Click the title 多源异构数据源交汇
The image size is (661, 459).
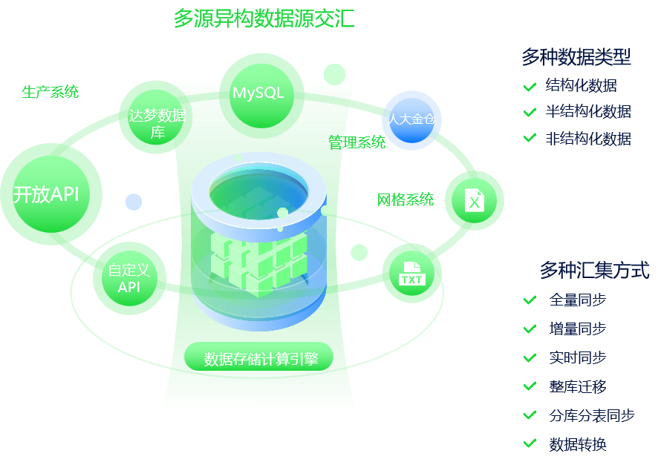coord(264,19)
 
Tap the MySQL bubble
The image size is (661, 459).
coord(258,93)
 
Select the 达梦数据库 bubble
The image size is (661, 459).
coord(157,124)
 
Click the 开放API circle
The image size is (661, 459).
coord(47,194)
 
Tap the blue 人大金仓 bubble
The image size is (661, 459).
coord(411,119)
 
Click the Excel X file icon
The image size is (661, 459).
coord(475,200)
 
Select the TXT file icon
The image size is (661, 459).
coord(411,274)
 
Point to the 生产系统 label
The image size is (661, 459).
coord(50,92)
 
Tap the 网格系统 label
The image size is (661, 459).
coord(406,199)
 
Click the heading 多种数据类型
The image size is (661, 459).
coord(576,56)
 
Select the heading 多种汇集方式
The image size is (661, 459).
coord(594,270)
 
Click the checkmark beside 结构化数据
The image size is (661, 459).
coord(530,86)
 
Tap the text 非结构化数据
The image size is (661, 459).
coord(588,139)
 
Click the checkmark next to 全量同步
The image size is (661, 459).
coord(530,300)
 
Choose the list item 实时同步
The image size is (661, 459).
coord(577,357)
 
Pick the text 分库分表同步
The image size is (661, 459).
coord(592,415)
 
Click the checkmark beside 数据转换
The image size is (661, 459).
coord(530,443)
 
